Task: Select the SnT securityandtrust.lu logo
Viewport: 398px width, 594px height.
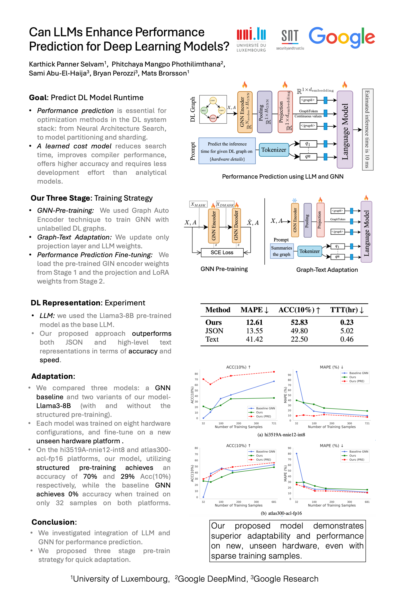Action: pos(290,39)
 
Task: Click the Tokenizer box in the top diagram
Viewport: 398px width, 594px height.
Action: pos(274,150)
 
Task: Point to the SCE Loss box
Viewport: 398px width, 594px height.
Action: pos(222,252)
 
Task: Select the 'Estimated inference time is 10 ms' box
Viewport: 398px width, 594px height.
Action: pos(367,129)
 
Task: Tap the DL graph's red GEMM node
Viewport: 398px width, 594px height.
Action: pos(213,118)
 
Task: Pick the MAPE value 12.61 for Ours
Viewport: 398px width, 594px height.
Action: pos(254,322)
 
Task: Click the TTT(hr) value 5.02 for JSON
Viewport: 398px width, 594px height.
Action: pos(346,331)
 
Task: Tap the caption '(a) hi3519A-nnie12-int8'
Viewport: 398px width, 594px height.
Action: pos(281,434)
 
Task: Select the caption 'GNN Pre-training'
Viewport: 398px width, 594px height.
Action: pos(224,269)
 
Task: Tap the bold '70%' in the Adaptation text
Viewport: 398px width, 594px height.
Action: pos(90,476)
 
